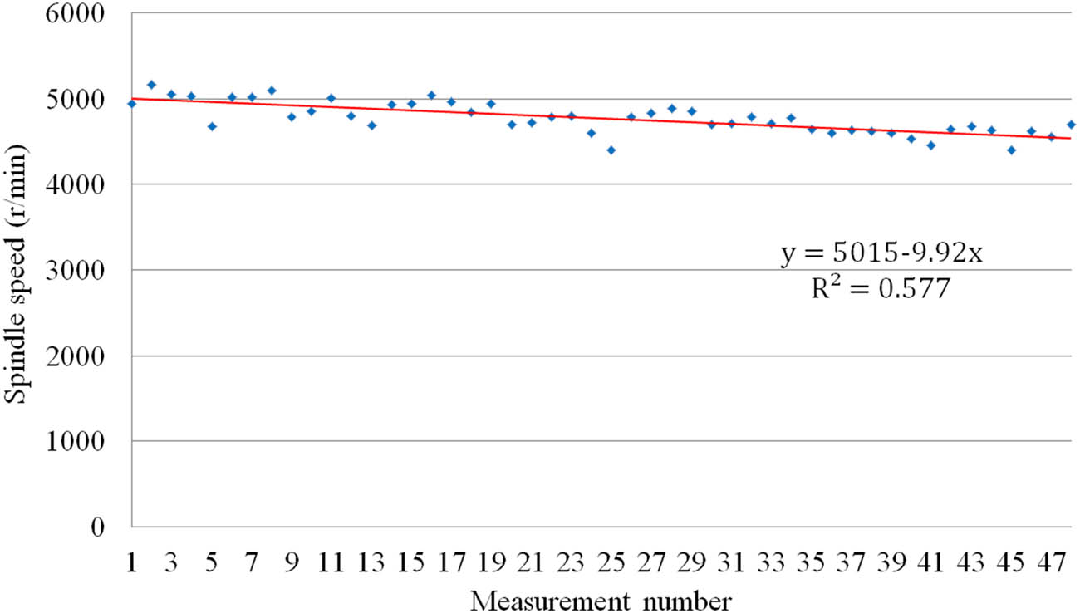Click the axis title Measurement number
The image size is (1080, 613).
(x=601, y=599)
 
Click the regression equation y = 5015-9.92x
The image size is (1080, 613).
(x=881, y=253)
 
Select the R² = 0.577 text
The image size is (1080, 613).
(x=880, y=290)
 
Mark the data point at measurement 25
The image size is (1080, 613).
(x=611, y=150)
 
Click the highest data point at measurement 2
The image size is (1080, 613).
(x=151, y=84)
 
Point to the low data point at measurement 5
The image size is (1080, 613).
(x=212, y=126)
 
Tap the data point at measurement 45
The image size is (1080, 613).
(x=1011, y=150)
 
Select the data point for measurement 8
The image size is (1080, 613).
(x=272, y=90)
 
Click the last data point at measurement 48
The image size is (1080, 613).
(x=1071, y=125)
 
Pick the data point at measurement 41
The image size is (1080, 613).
(x=930, y=145)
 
